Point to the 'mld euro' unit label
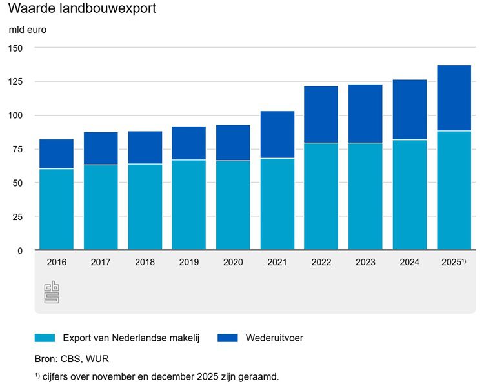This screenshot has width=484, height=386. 27,29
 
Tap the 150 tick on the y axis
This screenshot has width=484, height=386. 15,48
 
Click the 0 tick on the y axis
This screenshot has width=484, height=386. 20,250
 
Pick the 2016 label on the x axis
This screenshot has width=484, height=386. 56,262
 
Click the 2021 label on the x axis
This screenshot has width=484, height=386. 277,262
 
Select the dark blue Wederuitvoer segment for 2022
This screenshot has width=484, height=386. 321,114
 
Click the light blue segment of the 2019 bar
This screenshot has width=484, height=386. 188,205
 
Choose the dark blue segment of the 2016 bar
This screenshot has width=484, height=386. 56,154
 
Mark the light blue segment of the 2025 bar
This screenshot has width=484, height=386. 454,190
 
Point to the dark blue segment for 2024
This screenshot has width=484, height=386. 410,110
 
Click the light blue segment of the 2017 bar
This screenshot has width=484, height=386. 100,207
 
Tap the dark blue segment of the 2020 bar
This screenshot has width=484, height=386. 233,143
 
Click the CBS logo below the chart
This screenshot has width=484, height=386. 52,292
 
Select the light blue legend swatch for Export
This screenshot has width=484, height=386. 45,338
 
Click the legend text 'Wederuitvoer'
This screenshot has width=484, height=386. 274,338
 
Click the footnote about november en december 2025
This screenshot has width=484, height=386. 157,376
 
